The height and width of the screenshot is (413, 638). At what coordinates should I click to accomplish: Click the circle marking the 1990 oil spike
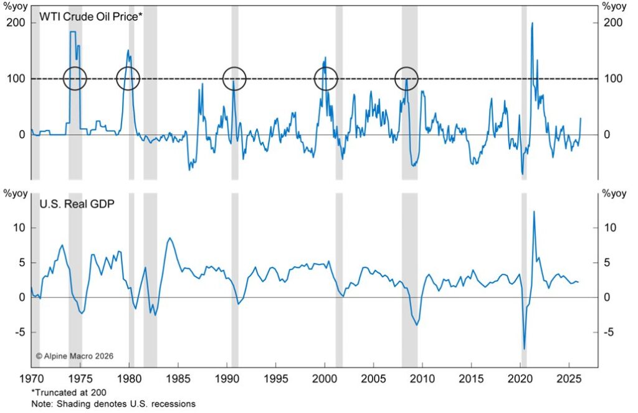(235, 79)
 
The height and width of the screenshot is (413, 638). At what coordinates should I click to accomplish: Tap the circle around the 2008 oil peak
(407, 79)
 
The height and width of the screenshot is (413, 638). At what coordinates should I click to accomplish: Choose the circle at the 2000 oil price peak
(326, 79)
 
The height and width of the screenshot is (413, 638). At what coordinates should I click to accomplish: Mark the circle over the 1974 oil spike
(75, 79)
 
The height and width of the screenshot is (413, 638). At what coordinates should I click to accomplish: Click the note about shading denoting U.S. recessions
(113, 404)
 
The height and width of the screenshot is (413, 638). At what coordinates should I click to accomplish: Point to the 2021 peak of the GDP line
(534, 211)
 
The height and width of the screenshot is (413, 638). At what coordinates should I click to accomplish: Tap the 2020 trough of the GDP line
(525, 349)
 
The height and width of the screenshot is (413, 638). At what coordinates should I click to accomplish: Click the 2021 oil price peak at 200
(532, 23)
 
